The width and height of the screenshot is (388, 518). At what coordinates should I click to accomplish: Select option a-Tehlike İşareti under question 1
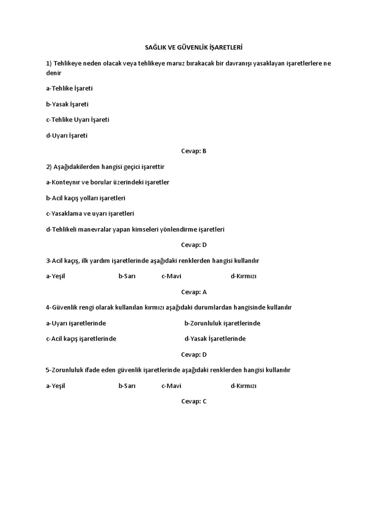click(69, 89)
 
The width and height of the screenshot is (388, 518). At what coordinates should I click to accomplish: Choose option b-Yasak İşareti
click(67, 104)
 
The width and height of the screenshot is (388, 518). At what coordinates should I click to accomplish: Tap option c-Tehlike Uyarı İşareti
click(77, 120)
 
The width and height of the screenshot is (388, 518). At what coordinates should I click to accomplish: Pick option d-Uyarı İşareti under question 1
click(67, 136)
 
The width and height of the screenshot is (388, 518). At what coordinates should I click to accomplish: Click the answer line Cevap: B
click(194, 151)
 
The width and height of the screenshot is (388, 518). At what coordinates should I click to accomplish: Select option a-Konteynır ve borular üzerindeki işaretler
click(108, 182)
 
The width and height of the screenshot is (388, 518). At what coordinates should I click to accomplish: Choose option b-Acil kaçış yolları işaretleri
click(85, 198)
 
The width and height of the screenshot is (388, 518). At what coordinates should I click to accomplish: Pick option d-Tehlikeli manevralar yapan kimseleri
click(135, 229)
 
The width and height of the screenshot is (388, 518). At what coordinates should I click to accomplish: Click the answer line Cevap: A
click(194, 292)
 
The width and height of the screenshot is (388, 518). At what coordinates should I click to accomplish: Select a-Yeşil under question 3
click(56, 276)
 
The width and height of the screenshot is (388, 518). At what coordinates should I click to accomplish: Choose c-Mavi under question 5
click(171, 386)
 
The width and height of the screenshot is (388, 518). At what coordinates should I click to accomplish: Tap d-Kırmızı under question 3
click(244, 276)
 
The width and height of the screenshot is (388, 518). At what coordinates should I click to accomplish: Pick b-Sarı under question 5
click(127, 386)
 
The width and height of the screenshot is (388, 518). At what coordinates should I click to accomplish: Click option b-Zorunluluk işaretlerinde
click(222, 323)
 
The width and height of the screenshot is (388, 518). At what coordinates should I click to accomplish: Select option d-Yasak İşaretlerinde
click(215, 339)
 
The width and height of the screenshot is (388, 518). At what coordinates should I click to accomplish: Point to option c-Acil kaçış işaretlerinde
click(81, 339)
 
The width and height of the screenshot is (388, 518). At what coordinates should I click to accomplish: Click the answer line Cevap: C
click(194, 402)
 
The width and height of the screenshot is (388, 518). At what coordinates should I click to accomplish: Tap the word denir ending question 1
click(54, 73)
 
